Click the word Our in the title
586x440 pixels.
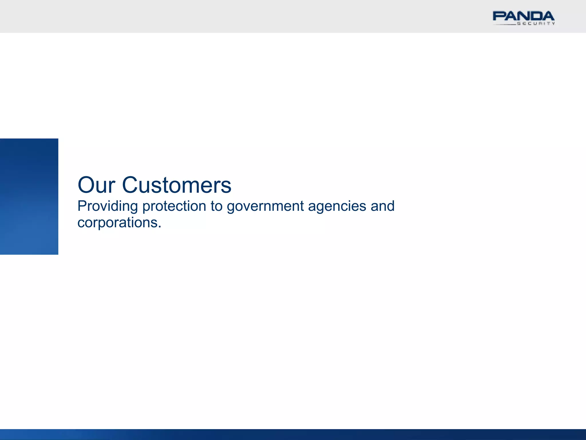point(96,185)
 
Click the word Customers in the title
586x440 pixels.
point(177,185)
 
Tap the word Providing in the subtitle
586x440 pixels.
point(108,207)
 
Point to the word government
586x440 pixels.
point(265,207)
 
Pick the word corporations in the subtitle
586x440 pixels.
point(117,223)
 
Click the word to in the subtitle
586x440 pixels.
point(216,207)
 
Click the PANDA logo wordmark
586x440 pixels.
point(523,16)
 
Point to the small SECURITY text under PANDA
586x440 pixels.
point(536,24)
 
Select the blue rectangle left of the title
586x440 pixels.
point(29,197)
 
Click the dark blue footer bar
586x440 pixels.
point(293,434)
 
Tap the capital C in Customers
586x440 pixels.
point(131,185)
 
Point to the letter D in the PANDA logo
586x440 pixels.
point(535,16)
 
